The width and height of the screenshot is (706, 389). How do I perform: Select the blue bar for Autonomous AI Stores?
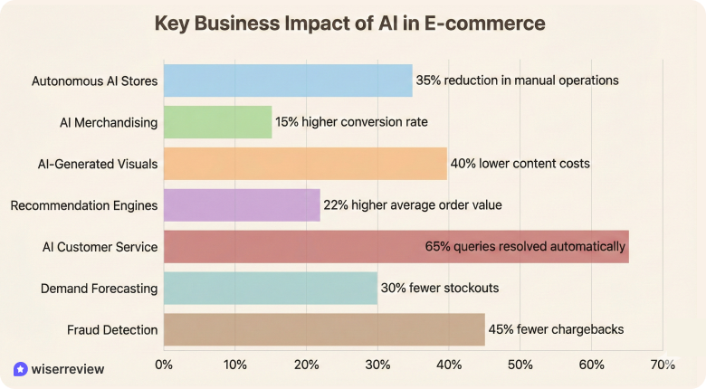288,81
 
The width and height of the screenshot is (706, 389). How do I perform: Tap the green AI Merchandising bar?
217,122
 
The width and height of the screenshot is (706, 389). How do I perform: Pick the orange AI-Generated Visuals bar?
305,164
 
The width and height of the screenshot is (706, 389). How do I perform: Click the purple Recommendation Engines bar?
242,205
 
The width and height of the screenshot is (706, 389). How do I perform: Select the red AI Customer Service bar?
396,246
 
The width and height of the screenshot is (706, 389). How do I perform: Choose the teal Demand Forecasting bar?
271,288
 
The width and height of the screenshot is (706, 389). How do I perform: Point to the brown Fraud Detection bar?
324,329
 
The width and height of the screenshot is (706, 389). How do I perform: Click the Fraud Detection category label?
112,330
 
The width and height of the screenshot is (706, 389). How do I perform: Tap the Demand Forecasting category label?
100,289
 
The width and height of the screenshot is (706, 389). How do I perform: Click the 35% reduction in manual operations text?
517,81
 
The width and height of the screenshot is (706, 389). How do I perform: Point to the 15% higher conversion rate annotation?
351,122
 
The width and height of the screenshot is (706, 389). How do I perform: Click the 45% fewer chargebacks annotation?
556,329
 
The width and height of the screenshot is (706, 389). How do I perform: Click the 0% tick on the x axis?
164,365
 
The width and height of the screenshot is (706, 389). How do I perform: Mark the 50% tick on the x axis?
520,365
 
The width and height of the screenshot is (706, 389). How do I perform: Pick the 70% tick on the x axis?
663,365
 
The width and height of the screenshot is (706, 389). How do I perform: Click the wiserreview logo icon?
20,369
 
